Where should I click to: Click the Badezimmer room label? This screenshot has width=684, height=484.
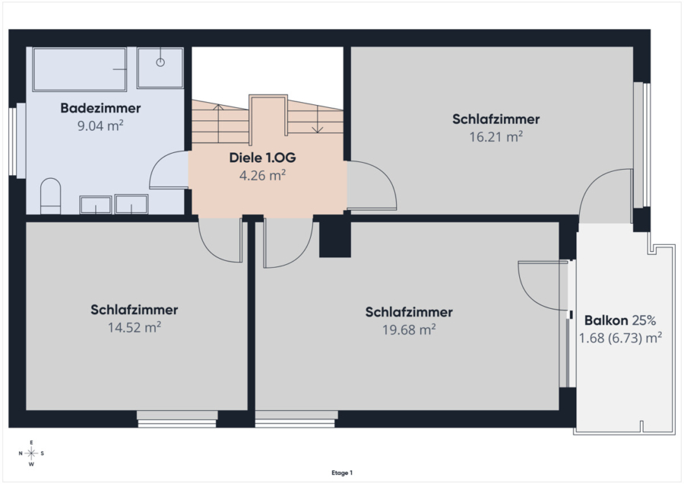(x=100, y=108)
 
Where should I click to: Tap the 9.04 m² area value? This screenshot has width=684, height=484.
(x=100, y=126)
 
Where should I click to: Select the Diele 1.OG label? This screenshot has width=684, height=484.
(x=263, y=158)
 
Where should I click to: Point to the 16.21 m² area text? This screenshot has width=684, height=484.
(x=496, y=137)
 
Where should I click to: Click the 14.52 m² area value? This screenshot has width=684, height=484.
(x=135, y=327)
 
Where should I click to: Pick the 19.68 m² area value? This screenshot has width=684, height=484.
(x=409, y=330)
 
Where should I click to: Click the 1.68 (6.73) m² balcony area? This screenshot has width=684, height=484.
(x=620, y=338)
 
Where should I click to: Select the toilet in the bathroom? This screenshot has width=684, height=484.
(x=51, y=196)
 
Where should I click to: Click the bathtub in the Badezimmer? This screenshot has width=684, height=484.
(x=79, y=69)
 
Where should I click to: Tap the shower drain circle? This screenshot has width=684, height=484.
(x=160, y=62)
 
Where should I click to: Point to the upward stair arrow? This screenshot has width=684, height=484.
(x=219, y=123)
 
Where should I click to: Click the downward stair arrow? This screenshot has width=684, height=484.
(x=318, y=119)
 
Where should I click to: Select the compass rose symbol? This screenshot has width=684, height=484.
(x=31, y=454)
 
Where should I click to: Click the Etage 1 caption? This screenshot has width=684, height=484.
(x=342, y=473)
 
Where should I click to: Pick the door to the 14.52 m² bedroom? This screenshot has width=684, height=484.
(x=220, y=240)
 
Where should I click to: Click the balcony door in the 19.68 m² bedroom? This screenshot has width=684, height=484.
(x=543, y=285)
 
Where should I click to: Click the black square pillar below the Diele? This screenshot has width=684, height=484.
(x=335, y=240)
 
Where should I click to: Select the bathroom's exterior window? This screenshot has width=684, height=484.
(x=17, y=141)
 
